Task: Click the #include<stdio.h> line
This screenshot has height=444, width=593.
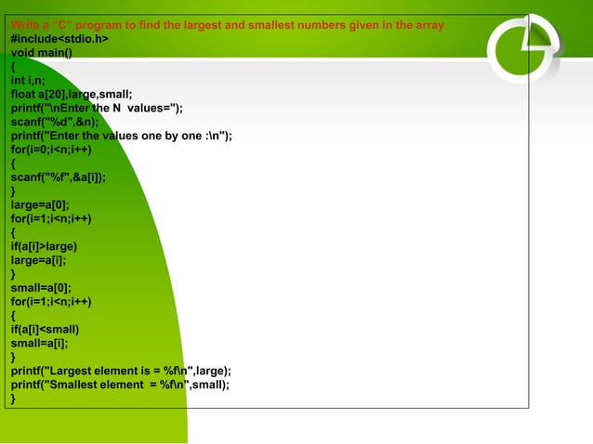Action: point(59,38)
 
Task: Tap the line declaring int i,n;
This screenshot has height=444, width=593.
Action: point(26,80)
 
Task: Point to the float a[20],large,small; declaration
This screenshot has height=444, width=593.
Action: point(72,94)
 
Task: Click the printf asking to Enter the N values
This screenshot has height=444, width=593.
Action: point(97,108)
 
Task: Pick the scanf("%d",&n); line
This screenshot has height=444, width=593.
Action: point(56,122)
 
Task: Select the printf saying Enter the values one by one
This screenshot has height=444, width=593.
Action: point(121,136)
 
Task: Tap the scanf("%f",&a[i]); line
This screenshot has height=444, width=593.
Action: point(58,177)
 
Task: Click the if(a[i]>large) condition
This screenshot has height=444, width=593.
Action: point(44,246)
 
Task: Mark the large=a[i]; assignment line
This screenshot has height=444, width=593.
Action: point(38,260)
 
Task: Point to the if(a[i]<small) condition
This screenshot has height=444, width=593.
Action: point(45,329)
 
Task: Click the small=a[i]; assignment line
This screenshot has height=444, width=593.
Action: point(38,343)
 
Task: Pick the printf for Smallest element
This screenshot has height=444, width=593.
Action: point(120,385)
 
